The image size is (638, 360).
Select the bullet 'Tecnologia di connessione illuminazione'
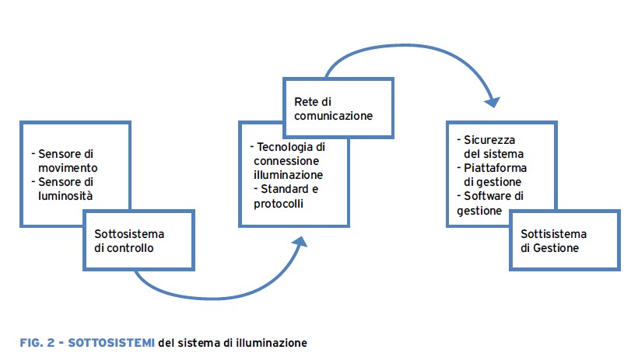click(287, 161)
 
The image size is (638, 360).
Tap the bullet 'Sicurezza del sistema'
click(490, 147)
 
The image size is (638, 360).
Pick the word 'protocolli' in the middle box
click(276, 204)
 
